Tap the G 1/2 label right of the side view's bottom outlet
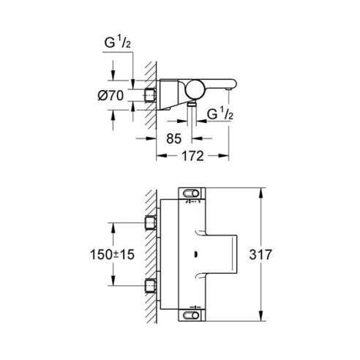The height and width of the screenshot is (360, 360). pos(220,114)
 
